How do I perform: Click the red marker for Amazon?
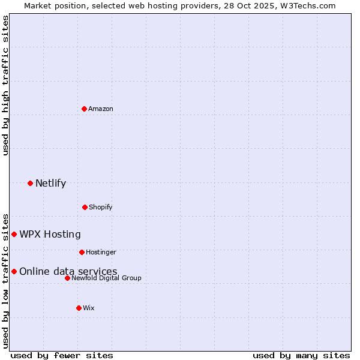point(84,109)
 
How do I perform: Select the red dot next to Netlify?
point(30,183)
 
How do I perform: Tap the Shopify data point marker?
point(85,207)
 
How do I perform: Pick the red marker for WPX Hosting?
point(14,234)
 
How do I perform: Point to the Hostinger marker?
point(82,252)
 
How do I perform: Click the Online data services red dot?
point(14,271)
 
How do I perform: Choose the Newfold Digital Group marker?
point(67,278)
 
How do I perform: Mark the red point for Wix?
point(79,308)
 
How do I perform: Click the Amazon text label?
point(101,109)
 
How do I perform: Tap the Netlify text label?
point(50,183)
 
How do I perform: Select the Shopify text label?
point(101,207)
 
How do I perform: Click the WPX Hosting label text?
point(50,234)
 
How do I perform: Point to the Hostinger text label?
point(101,252)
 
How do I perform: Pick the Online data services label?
point(68,271)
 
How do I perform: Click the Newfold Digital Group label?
point(106,278)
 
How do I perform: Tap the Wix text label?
point(89,308)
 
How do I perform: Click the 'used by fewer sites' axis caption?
point(62,355)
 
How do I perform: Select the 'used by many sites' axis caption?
point(301,355)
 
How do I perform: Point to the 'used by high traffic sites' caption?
point(5,85)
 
